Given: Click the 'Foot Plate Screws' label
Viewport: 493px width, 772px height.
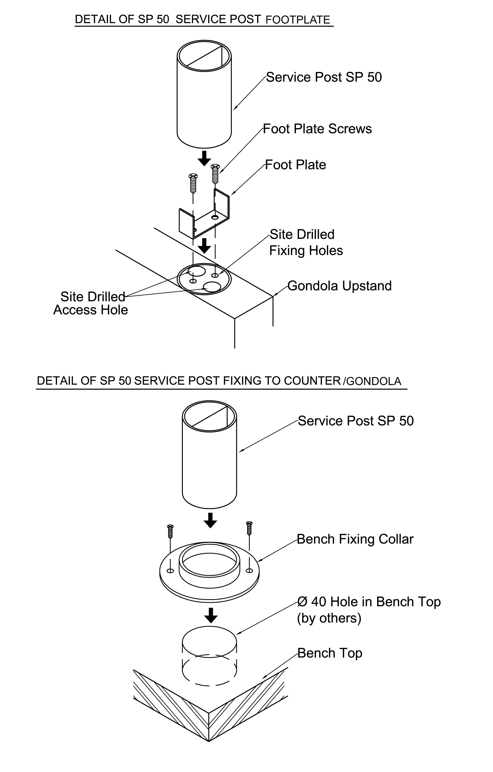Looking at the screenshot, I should click(x=317, y=129).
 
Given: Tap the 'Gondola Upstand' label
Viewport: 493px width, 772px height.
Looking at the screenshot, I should click(x=339, y=286).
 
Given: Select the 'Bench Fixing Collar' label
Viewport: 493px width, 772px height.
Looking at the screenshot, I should click(x=355, y=539).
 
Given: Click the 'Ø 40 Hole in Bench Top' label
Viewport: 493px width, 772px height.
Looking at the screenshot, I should click(x=369, y=602).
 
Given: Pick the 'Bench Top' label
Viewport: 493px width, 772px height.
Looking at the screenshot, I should click(x=330, y=653).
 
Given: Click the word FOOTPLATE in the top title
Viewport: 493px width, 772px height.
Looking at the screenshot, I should click(x=298, y=20).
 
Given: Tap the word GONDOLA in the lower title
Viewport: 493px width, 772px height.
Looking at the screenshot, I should click(x=373, y=381).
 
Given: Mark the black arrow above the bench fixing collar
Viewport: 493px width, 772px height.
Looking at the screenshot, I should click(x=210, y=520).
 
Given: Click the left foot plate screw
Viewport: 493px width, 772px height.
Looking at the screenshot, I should click(x=193, y=183).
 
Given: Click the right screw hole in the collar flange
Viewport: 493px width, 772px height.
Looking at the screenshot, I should click(x=249, y=570).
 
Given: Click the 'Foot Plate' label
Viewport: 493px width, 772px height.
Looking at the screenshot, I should click(x=295, y=165).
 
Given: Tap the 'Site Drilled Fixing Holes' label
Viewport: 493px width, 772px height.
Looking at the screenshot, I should click(x=306, y=242).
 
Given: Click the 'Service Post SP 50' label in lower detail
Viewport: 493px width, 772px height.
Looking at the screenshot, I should click(x=356, y=421).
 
